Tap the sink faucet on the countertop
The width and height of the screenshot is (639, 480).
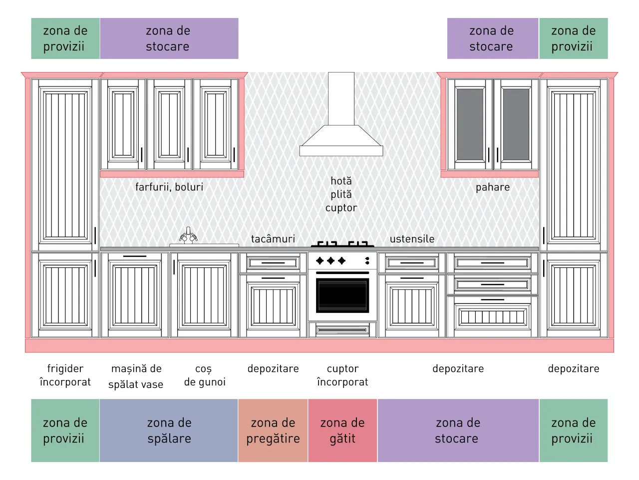188,235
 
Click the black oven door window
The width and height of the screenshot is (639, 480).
342,295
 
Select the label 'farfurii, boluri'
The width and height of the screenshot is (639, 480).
169,187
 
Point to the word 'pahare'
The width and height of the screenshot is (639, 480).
493,187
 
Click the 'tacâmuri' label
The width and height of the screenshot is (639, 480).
273,238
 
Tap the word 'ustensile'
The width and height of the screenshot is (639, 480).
412,238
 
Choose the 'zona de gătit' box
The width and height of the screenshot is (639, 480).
342,430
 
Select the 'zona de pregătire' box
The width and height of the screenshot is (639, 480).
273,430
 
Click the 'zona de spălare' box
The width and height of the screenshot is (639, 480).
169,430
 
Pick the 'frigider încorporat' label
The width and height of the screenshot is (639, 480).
65,375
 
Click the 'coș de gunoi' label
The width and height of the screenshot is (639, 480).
205,375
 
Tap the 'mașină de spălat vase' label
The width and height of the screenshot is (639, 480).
136,376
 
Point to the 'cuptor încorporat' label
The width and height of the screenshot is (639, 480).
342,375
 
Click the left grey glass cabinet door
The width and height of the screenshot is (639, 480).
470,124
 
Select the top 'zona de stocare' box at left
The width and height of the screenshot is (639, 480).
169,38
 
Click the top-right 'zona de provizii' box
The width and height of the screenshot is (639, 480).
574,38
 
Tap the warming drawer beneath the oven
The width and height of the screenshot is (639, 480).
342,329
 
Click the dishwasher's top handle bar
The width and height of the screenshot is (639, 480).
134,256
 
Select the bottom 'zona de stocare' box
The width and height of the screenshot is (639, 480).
458,430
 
